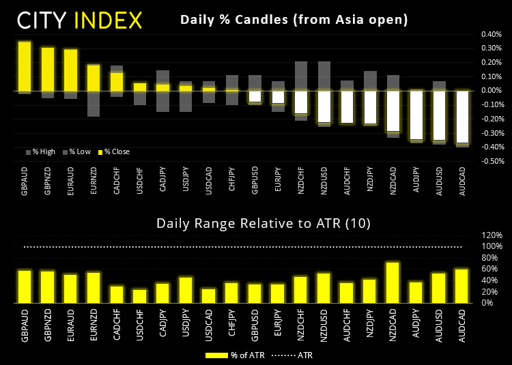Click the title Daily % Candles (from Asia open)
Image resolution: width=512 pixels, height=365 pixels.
[x=294, y=20]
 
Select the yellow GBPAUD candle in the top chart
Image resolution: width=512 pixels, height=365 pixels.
[x=25, y=66]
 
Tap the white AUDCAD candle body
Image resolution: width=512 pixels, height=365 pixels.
[x=462, y=117]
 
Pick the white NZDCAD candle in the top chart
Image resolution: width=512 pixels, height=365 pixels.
[x=393, y=111]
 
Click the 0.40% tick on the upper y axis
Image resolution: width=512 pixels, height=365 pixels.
[x=492, y=33]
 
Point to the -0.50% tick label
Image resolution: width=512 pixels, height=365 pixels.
[x=492, y=162]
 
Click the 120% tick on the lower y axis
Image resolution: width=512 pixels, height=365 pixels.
[x=492, y=235]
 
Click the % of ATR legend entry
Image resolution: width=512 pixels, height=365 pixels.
[x=232, y=355]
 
